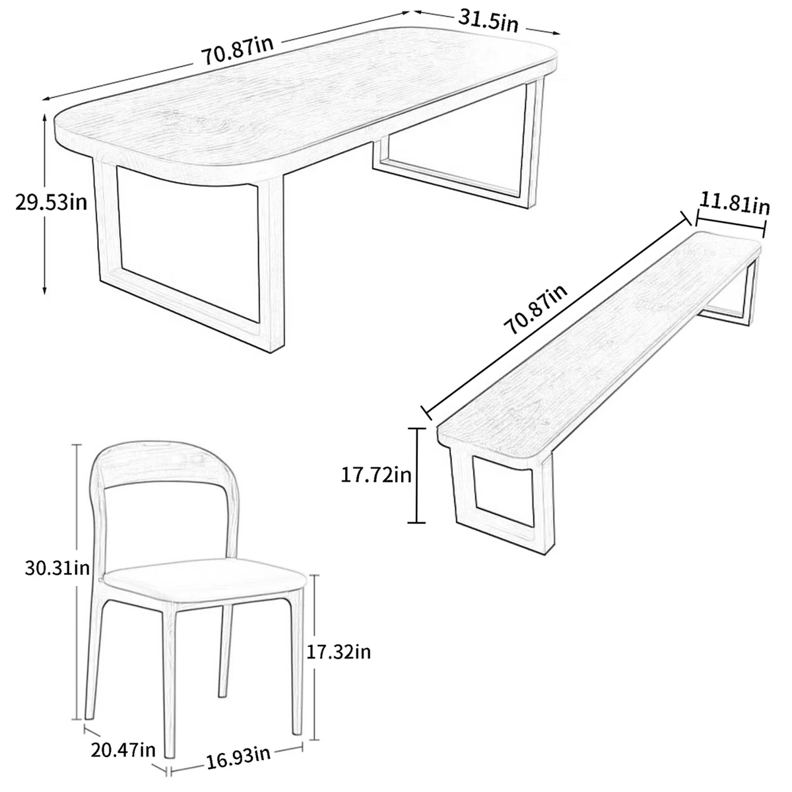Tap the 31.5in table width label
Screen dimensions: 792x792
[488, 20]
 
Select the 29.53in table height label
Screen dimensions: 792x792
[51, 202]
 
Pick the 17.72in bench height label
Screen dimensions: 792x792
[376, 475]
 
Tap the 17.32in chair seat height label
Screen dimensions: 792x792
[339, 652]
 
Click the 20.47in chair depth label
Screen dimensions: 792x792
[124, 750]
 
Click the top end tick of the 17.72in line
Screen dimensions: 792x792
[416, 429]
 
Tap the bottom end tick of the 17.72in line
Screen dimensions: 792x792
[416, 523]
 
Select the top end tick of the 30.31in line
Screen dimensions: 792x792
[78, 444]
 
